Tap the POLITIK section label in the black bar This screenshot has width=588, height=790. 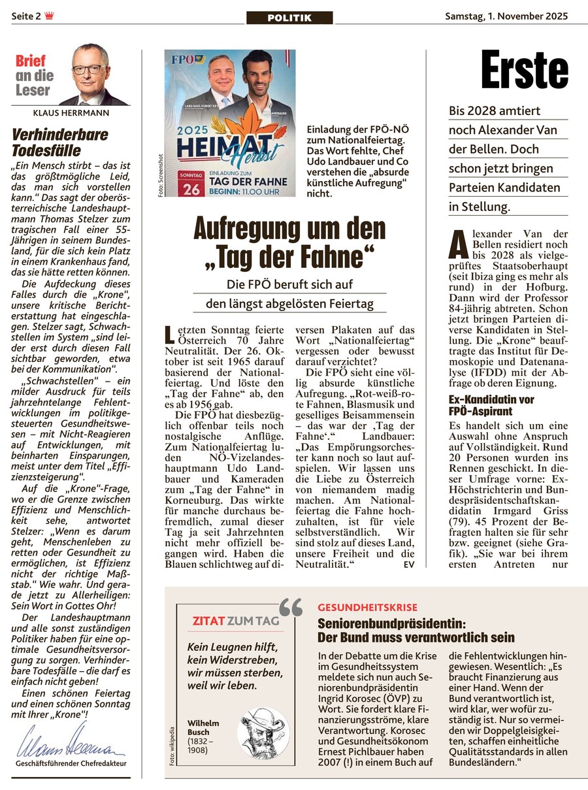click(289, 18)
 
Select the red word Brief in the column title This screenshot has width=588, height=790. click(31, 61)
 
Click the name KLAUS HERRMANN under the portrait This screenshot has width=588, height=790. click(70, 112)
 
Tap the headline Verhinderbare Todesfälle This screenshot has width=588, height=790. click(60, 142)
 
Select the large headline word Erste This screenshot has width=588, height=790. click(525, 70)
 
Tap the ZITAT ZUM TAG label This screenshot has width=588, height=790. click(236, 620)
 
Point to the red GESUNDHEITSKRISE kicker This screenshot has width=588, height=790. click(367, 607)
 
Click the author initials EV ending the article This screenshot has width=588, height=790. click(409, 563)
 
